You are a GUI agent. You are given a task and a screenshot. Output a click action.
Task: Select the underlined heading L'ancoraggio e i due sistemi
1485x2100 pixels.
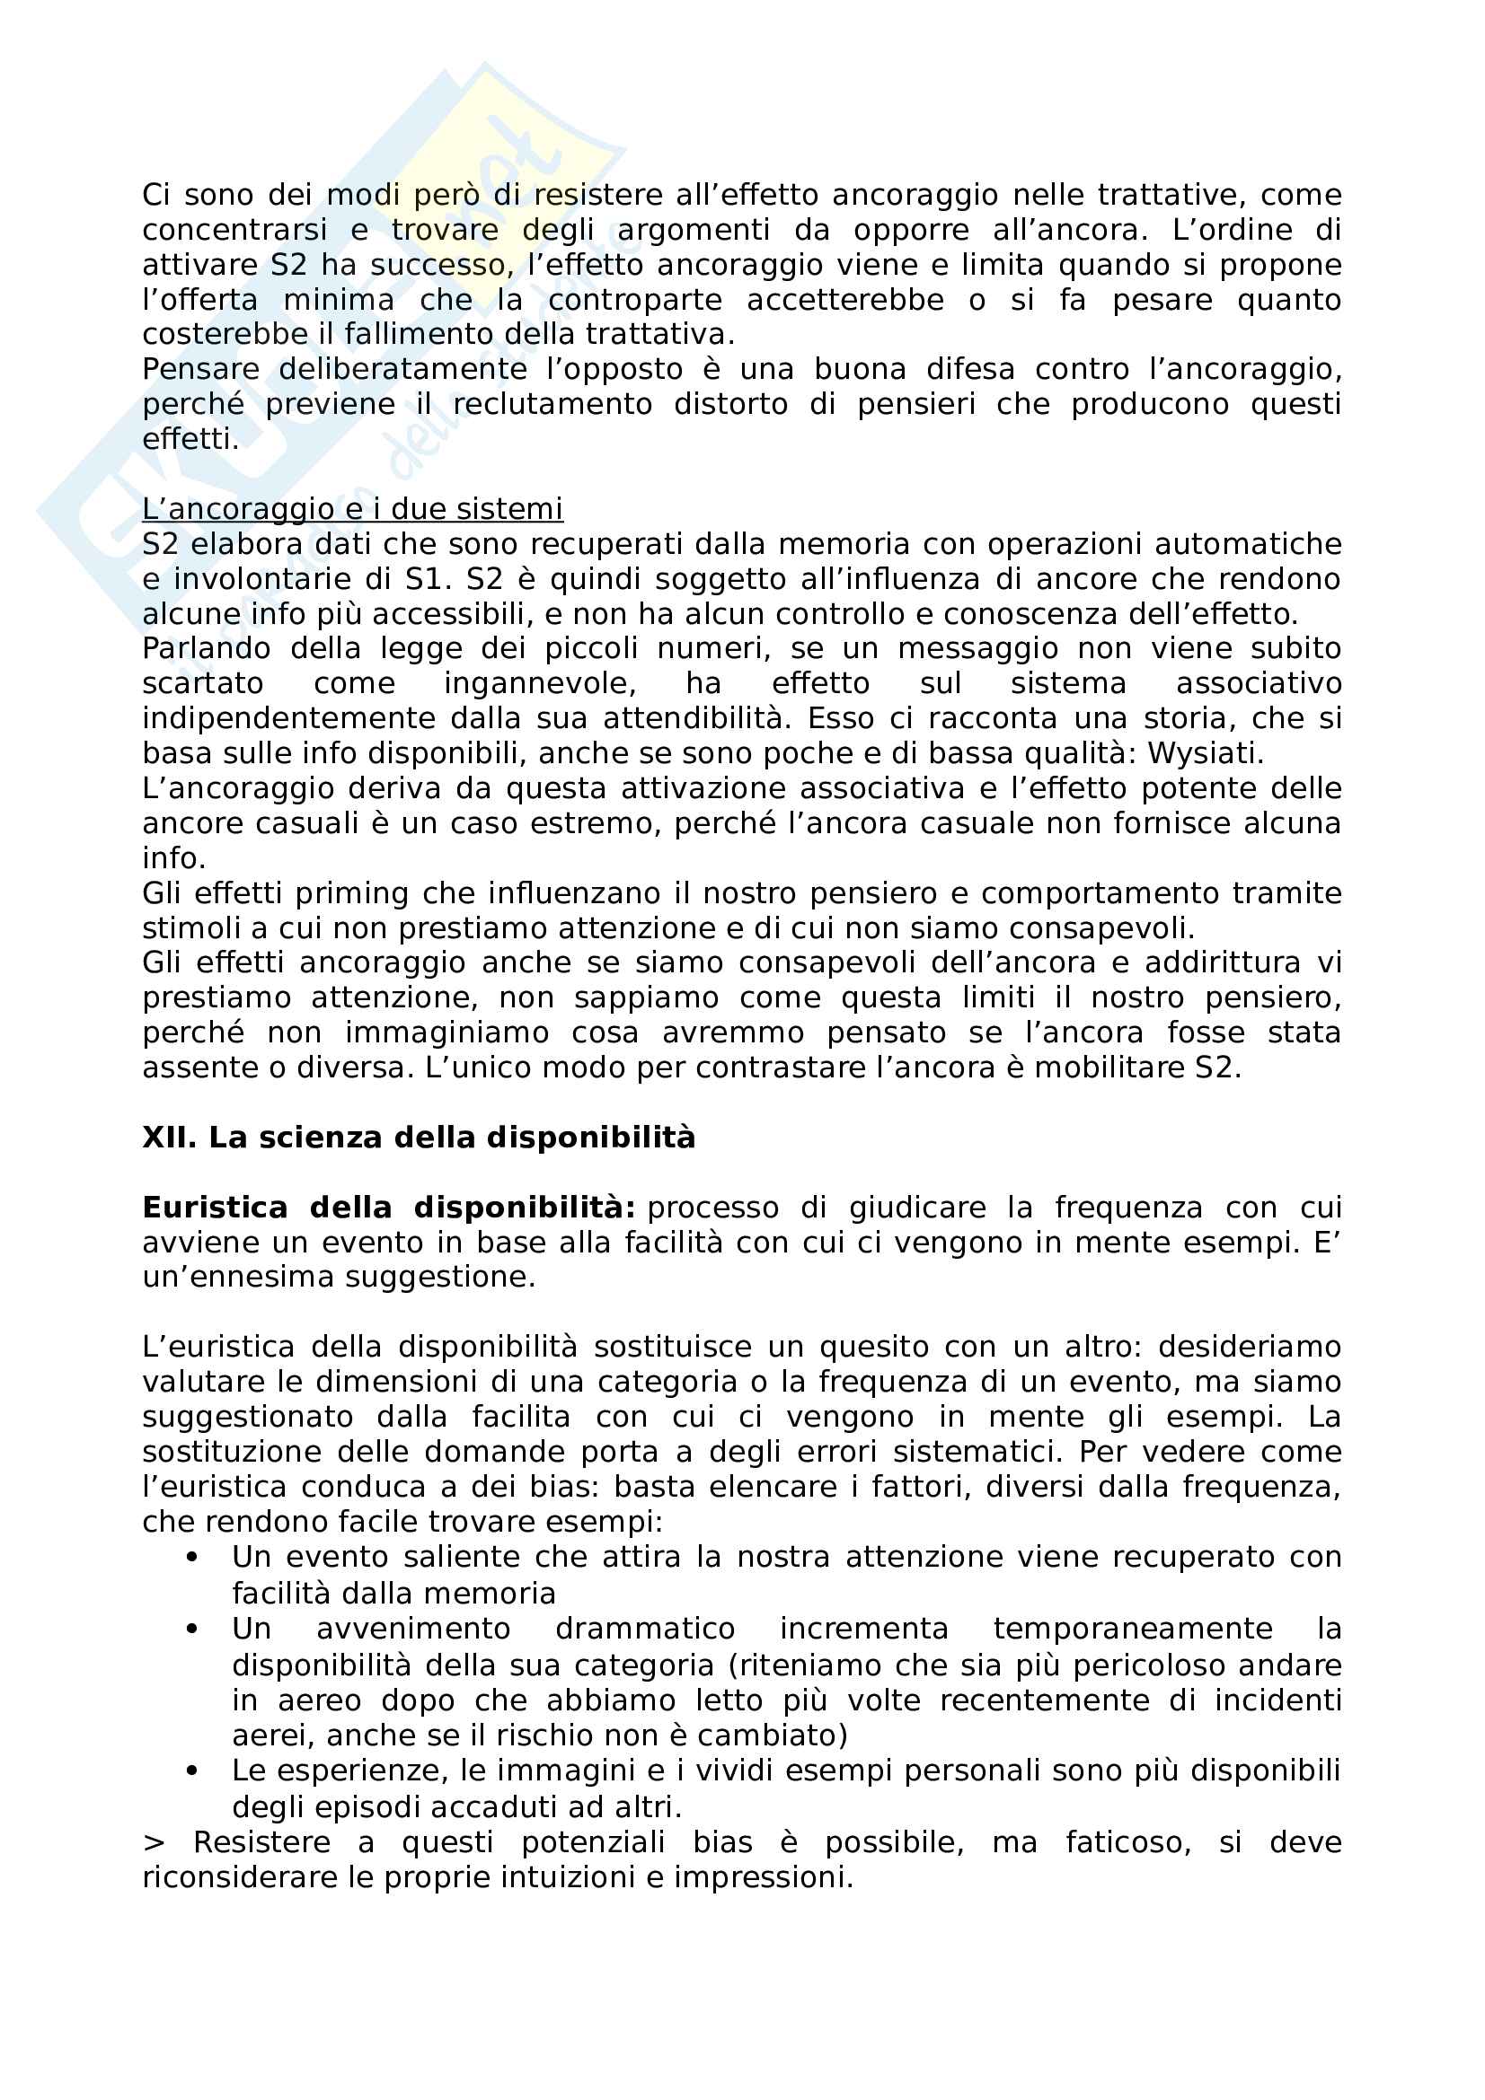[352, 508]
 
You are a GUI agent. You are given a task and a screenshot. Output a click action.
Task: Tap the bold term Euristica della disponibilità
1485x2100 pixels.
[389, 1208]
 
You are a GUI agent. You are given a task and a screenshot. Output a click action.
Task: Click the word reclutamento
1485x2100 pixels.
[552, 404]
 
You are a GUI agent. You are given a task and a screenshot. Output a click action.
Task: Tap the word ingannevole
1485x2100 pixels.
[540, 683]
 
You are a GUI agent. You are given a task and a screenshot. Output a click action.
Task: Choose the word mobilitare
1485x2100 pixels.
[1105, 1068]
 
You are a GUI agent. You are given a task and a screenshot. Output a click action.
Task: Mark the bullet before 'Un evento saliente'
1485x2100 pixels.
[191, 1557]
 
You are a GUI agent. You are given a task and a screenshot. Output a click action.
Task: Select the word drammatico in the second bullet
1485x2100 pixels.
[645, 1628]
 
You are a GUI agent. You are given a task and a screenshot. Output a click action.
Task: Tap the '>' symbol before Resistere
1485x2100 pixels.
[152, 1842]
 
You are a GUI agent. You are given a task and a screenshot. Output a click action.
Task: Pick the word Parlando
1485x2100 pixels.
[206, 648]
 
